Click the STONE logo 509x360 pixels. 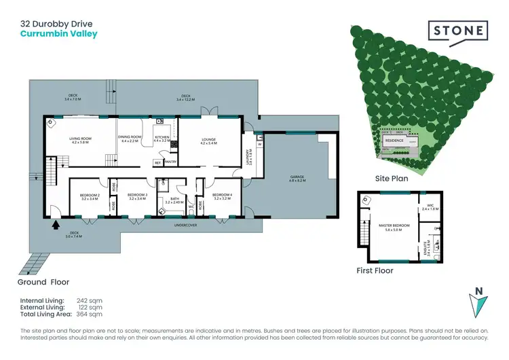[x=457, y=31]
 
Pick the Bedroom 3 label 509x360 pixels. [x=138, y=197]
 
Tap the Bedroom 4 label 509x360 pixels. [x=222, y=197]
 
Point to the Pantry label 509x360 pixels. [x=170, y=162]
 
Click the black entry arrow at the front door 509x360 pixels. [x=56, y=222]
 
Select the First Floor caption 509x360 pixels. [x=375, y=270]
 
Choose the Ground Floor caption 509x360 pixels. [x=44, y=281]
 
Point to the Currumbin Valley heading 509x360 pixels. [x=58, y=33]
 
